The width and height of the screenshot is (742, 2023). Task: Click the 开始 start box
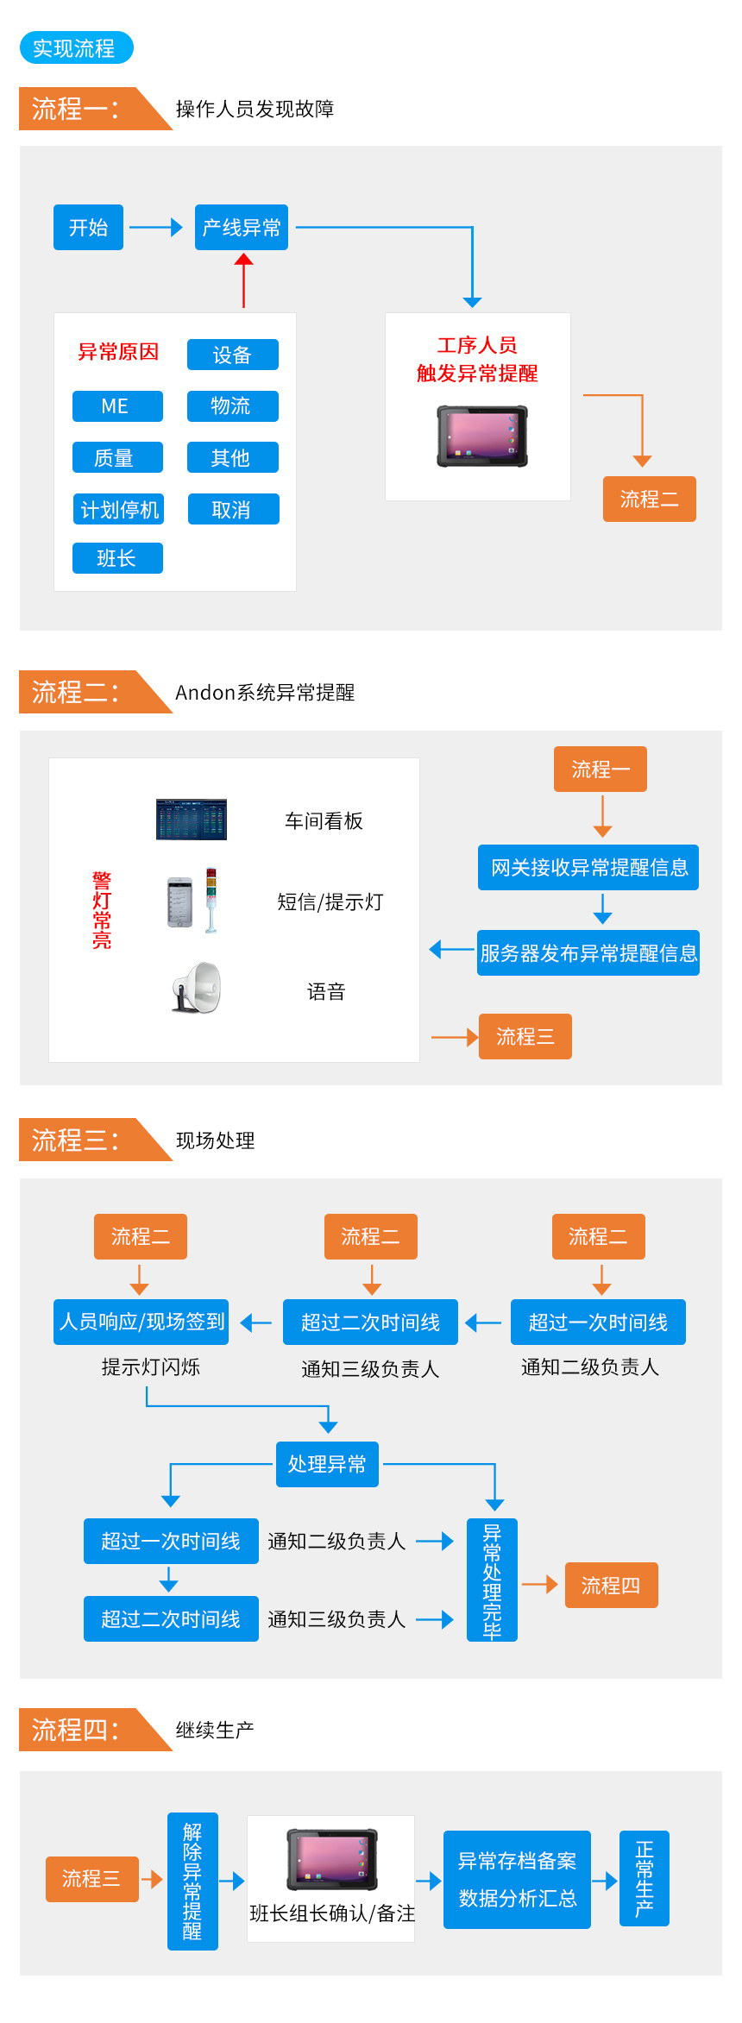(88, 228)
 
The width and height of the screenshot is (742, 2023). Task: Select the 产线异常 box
(242, 228)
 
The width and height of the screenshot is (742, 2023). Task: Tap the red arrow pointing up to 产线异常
(244, 280)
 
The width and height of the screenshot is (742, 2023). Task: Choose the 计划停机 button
(119, 510)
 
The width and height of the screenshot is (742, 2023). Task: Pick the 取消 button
(232, 510)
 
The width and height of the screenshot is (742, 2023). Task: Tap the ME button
(117, 406)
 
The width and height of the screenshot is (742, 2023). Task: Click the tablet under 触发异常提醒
(482, 437)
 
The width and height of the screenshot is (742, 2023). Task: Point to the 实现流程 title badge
(76, 48)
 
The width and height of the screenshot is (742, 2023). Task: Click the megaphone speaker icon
(197, 988)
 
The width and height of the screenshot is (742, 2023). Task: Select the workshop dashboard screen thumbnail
(192, 820)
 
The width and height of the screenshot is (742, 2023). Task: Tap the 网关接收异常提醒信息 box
(588, 868)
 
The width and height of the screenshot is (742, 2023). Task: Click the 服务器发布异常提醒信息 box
(588, 953)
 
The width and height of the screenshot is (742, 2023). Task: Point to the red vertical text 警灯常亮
(102, 910)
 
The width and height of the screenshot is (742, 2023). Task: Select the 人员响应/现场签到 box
(141, 1322)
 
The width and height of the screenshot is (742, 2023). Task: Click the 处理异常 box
(327, 1464)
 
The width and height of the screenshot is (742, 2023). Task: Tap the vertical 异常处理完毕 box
(492, 1580)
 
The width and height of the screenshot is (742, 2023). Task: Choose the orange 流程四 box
(611, 1585)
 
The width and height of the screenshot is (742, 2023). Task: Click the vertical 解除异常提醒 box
(192, 1881)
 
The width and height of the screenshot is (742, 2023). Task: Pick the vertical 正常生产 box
(645, 1879)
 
